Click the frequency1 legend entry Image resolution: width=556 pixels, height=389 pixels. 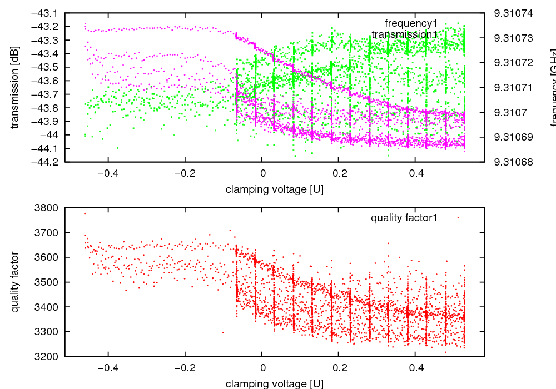[411, 23]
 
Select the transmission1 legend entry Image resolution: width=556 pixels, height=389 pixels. [404, 34]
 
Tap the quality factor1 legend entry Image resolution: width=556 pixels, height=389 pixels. [404, 218]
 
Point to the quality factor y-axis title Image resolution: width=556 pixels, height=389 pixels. [15, 282]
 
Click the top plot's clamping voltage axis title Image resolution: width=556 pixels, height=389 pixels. [275, 189]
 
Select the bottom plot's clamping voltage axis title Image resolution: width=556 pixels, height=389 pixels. [275, 383]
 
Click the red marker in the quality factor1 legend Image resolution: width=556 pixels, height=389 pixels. [458, 218]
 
